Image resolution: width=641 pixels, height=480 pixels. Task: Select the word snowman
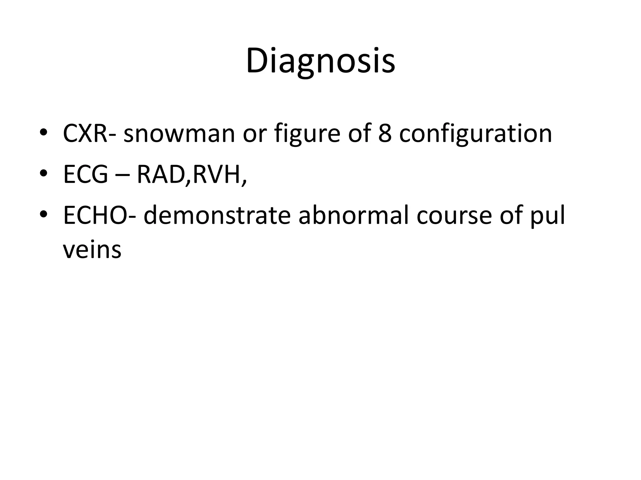coord(179,134)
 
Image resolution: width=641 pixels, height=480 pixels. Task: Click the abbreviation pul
coord(548,216)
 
